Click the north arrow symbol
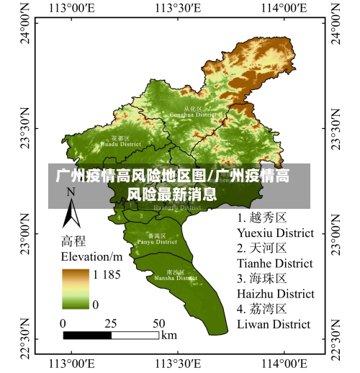tap(71, 210)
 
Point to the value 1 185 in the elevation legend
tap(105, 275)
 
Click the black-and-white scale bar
tap(111, 335)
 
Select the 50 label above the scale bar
tap(158, 323)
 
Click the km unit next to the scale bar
tap(169, 335)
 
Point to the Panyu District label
tap(157, 239)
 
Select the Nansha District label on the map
tap(175, 275)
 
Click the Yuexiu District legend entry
tap(275, 225)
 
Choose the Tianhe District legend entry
tap(275, 256)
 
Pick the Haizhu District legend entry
tap(275, 286)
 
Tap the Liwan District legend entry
tap(274, 316)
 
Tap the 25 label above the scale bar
tap(111, 323)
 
